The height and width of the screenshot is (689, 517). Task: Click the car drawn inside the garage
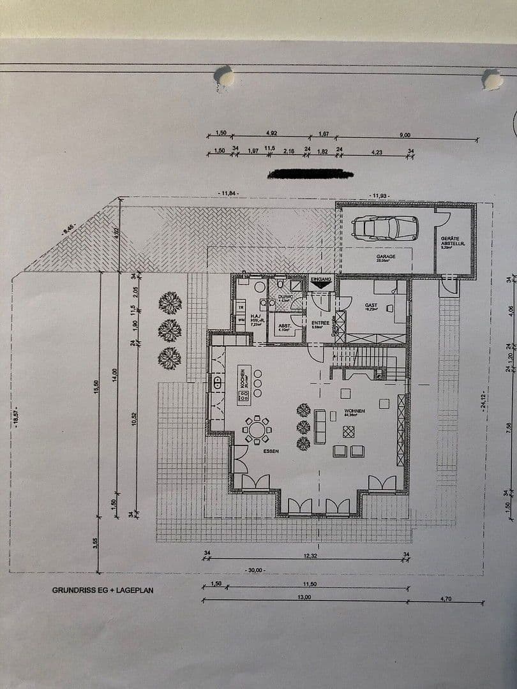(x=385, y=227)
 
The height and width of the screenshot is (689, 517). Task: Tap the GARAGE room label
(x=386, y=256)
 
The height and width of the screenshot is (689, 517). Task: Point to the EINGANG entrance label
(x=320, y=279)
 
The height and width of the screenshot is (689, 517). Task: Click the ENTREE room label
(x=320, y=323)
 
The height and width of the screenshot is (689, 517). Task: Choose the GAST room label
(x=371, y=306)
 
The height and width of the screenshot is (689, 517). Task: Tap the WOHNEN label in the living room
(x=354, y=411)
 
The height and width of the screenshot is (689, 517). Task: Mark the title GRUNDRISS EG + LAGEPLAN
(x=103, y=590)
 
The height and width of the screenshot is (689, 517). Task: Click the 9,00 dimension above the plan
(x=405, y=135)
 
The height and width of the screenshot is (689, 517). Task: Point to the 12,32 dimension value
(x=311, y=556)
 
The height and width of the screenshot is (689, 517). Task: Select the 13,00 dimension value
(x=304, y=597)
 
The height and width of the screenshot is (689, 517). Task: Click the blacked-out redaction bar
(x=311, y=174)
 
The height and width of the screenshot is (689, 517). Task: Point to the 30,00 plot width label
(x=255, y=570)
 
